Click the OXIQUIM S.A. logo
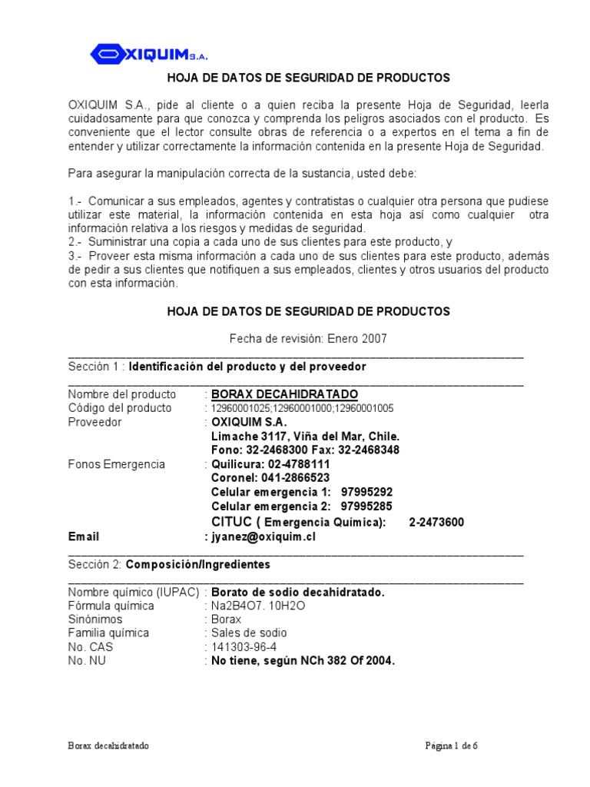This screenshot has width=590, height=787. (149, 54)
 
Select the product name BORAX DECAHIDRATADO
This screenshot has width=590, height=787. (284, 394)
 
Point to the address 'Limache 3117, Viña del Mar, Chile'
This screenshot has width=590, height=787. (305, 437)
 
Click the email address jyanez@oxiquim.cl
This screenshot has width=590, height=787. (264, 536)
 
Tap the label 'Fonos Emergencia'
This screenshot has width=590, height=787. (117, 465)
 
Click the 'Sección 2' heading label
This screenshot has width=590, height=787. (94, 564)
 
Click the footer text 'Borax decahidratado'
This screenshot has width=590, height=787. (108, 745)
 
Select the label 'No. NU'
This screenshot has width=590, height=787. (88, 661)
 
